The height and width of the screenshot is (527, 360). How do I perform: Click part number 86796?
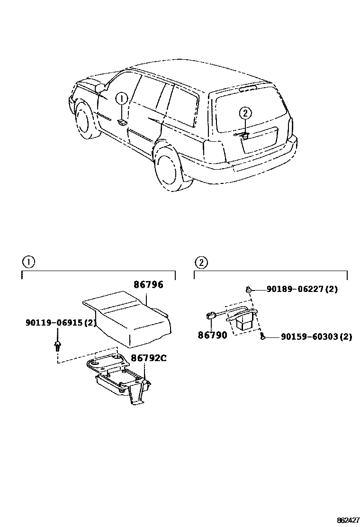pos(148,285)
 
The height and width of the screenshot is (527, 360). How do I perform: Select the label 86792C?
pos(148,358)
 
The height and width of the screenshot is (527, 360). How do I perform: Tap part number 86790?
pos(212,335)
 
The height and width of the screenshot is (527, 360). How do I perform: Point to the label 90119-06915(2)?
pos(61,323)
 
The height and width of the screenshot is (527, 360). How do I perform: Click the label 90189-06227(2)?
pos(302,289)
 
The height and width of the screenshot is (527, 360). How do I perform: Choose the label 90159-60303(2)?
pos(316,337)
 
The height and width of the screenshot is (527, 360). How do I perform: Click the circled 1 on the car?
pos(122,99)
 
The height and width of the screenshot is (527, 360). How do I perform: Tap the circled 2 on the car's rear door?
pos(245,113)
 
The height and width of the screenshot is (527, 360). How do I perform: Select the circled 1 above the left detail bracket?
pos(28,262)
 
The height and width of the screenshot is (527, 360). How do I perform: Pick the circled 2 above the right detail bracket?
pos(201,262)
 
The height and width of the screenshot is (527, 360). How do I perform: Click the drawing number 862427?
pos(348,520)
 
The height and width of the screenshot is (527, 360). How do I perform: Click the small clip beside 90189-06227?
pos(248,289)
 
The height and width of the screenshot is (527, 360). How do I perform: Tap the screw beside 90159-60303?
pos(262,337)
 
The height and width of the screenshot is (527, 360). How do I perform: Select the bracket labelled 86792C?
pos(118,379)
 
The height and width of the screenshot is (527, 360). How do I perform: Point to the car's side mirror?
pos(100,88)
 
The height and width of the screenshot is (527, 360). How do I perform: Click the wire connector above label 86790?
pos(209,316)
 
